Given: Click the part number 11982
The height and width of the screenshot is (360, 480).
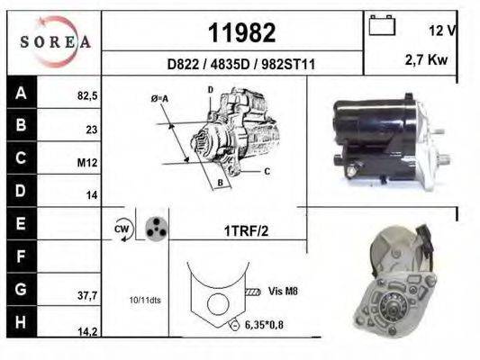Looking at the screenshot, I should [241, 32].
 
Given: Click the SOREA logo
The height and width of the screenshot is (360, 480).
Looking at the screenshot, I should [55, 42].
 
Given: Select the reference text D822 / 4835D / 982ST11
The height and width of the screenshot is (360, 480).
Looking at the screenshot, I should [240, 65].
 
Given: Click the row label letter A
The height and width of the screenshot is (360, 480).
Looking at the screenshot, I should [21, 92].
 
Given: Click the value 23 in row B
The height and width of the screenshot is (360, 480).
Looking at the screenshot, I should [91, 129].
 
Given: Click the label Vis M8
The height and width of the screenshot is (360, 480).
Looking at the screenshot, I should [283, 291].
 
